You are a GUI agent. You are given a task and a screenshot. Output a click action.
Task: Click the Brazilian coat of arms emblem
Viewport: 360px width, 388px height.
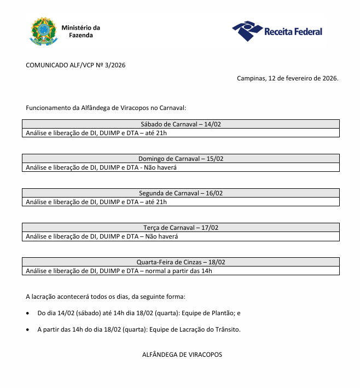[x=43, y=31]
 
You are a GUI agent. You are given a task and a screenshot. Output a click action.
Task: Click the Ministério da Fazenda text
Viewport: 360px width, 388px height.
[x=81, y=31]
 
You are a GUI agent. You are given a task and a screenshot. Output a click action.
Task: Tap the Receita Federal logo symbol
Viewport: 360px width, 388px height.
[x=247, y=31]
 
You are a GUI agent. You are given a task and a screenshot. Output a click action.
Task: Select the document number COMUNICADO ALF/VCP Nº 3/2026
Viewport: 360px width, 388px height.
[x=76, y=65]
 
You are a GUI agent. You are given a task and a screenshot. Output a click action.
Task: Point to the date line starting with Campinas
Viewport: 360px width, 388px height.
[x=287, y=78]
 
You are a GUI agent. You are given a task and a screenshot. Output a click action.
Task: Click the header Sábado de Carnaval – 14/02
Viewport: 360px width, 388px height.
[x=181, y=124]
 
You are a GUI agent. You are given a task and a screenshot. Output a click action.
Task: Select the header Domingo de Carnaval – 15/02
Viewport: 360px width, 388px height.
[x=181, y=159]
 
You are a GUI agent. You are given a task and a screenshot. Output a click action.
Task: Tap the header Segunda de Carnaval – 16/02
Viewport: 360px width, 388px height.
[x=181, y=193]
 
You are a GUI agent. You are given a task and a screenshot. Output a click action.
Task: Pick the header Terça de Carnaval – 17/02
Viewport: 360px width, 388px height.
[x=181, y=228]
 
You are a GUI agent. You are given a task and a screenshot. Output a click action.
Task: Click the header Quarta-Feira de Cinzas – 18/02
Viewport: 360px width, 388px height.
[x=181, y=262]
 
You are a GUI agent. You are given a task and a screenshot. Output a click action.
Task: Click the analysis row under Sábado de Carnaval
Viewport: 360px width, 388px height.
[x=96, y=133]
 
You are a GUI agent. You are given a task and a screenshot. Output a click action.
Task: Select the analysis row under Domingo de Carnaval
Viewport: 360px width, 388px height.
[x=102, y=167]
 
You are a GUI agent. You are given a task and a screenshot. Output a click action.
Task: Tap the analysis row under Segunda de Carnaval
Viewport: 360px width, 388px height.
[x=96, y=202]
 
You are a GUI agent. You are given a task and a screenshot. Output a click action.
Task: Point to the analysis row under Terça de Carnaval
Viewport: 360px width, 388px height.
[x=102, y=236]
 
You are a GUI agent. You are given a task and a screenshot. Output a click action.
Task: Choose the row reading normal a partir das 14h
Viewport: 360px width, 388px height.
[x=119, y=271]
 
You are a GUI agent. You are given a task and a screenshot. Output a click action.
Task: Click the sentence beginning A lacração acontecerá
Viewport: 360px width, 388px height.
[x=106, y=297]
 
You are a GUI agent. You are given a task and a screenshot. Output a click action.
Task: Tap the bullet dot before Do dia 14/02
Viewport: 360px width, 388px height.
[x=28, y=314]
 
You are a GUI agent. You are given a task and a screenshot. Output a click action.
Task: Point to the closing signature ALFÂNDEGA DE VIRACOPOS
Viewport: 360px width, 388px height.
[x=182, y=355]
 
